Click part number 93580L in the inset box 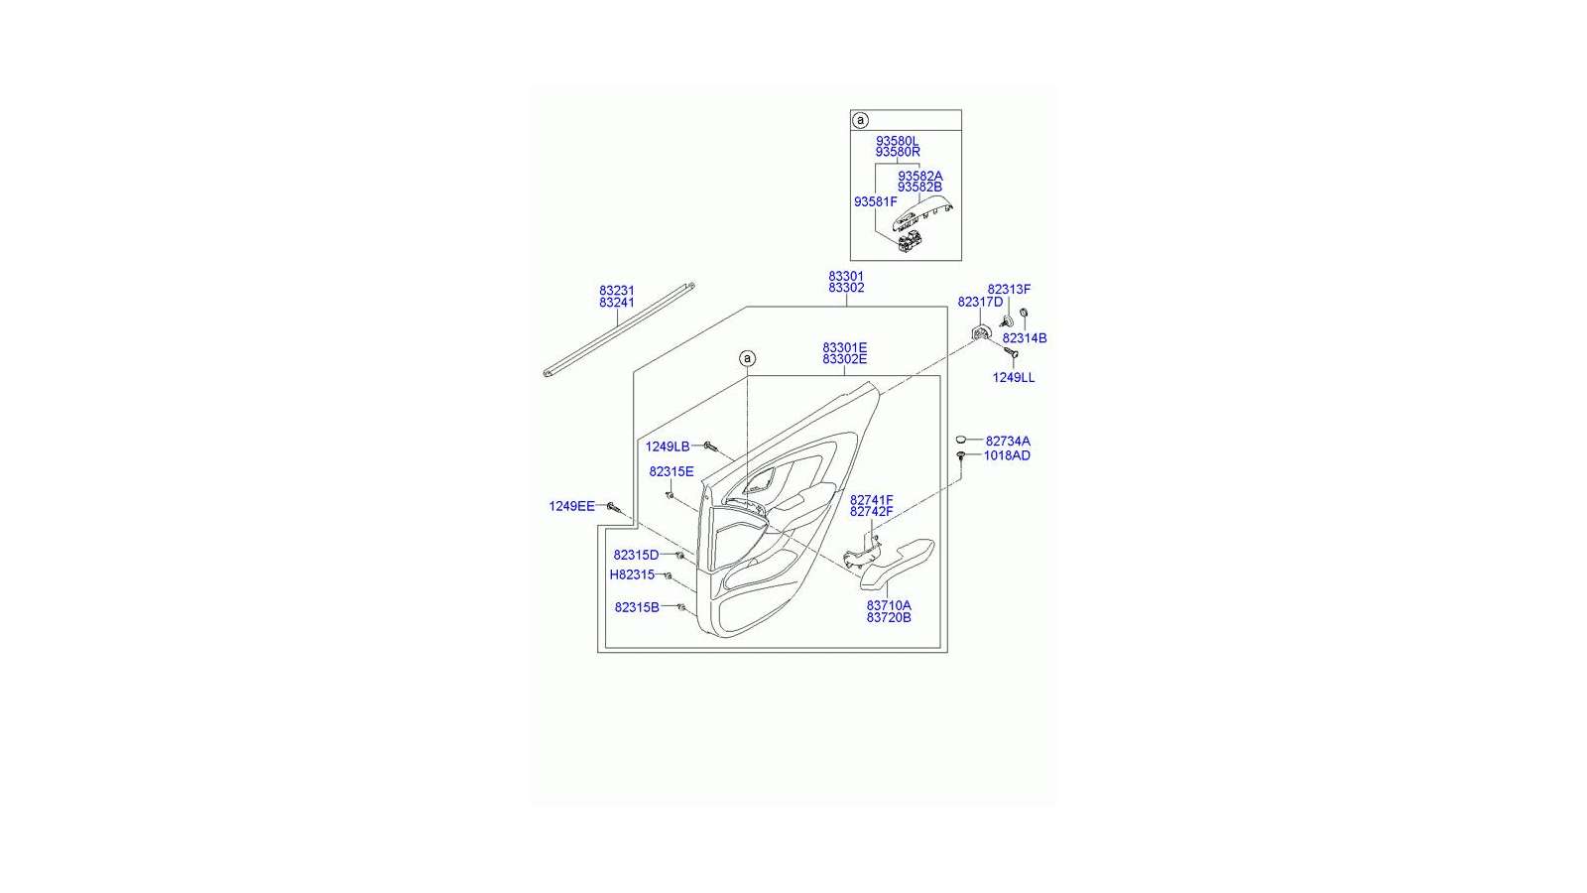point(897,140)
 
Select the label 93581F point(875,202)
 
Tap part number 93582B point(919,188)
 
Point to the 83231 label point(616,291)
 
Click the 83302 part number point(846,288)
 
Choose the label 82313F point(1009,289)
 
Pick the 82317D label point(980,302)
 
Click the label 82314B point(1025,338)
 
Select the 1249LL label point(1013,378)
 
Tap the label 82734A point(1008,441)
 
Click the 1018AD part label point(1007,455)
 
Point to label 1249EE point(571,506)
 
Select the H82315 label point(632,574)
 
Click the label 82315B point(637,607)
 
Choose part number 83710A point(889,606)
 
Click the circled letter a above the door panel point(747,358)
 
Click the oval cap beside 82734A point(961,441)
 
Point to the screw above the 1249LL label point(1011,352)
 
